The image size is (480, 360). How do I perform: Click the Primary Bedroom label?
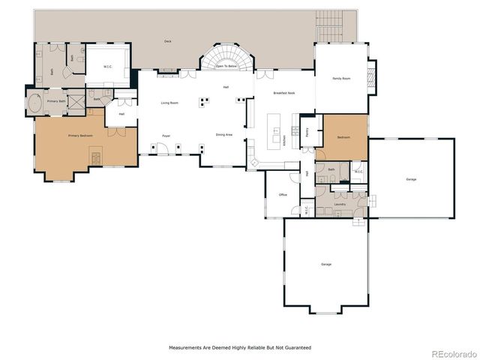(x=79, y=136)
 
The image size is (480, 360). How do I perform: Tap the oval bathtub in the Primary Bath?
(x=34, y=103)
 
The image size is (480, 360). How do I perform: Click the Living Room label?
(x=169, y=103)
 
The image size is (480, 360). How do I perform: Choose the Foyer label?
(x=166, y=136)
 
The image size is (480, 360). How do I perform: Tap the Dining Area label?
(x=223, y=135)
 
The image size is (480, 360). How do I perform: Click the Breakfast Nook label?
(x=283, y=92)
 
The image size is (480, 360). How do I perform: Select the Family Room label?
(x=342, y=78)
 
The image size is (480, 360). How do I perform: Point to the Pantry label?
(x=308, y=130)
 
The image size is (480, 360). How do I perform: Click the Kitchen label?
(x=284, y=139)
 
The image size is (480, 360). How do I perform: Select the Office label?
(x=283, y=194)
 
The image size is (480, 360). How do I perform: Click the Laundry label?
(x=340, y=203)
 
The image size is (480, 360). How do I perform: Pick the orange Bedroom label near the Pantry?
(x=343, y=138)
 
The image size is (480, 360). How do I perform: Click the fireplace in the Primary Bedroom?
(x=95, y=157)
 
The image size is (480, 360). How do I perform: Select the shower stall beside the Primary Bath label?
(x=76, y=100)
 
